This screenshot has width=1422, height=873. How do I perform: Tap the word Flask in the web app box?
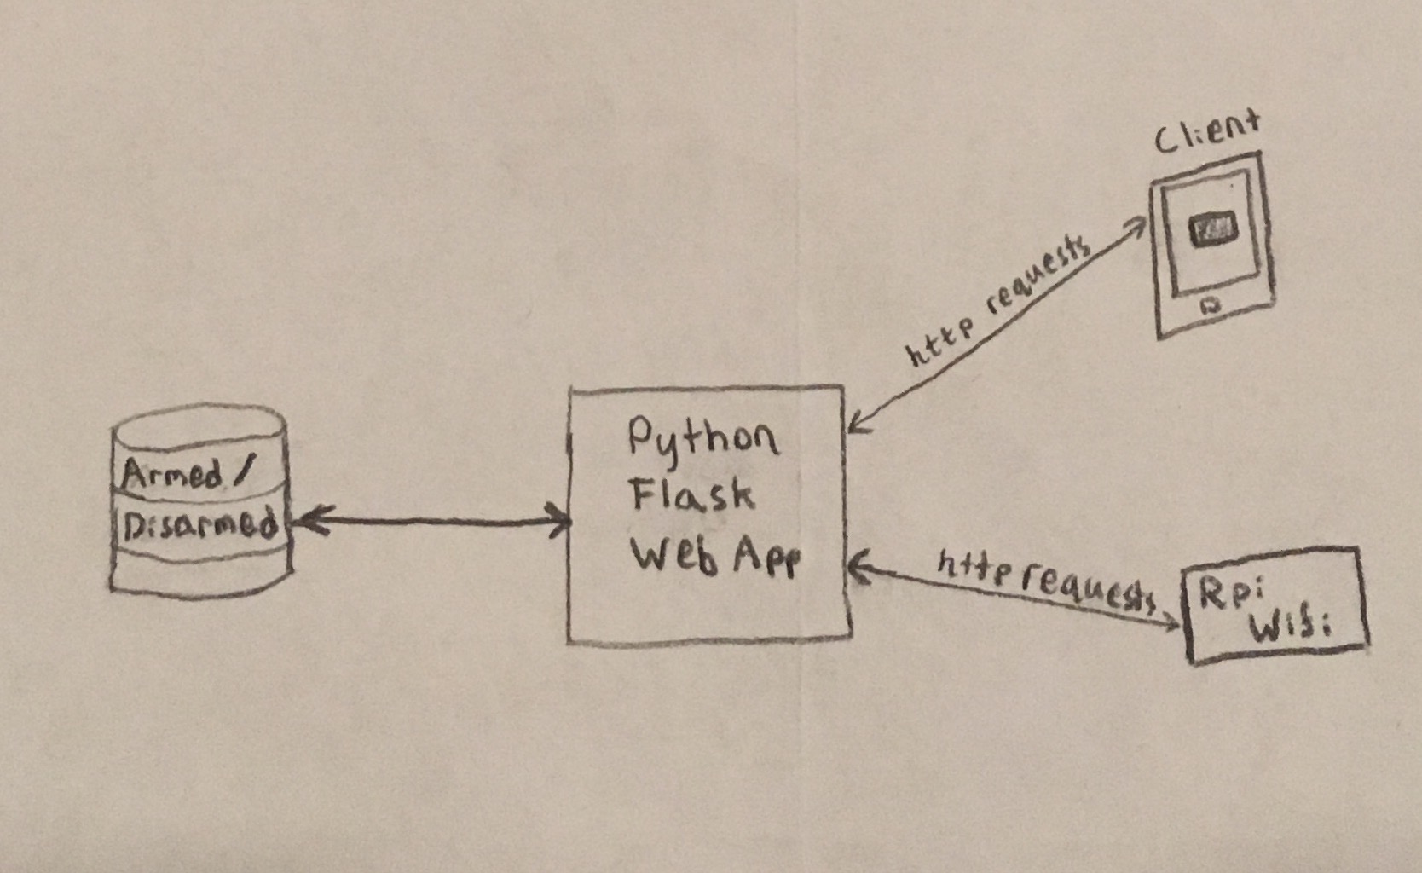[x=691, y=494]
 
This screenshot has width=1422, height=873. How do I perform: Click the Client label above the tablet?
[x=1206, y=131]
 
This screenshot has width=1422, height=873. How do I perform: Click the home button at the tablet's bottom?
[x=1211, y=304]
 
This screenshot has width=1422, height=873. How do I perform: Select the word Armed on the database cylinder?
[x=173, y=473]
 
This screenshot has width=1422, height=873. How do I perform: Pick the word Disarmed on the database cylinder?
[x=200, y=524]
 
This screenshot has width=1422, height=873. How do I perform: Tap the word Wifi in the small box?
[x=1289, y=628]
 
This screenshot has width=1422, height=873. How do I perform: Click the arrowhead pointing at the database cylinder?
[x=304, y=517]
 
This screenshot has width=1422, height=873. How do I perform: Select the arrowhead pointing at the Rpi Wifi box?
[x=1171, y=624]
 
